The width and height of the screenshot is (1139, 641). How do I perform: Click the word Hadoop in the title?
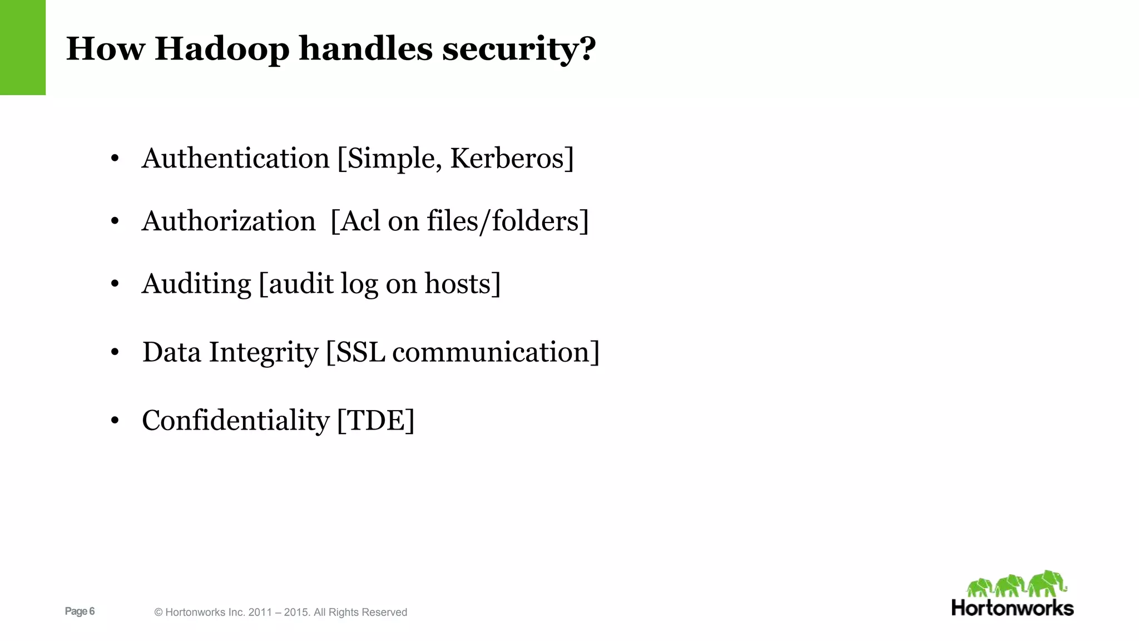222,48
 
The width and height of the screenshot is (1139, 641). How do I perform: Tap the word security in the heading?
518,48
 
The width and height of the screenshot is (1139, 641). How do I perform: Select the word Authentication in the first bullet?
236,159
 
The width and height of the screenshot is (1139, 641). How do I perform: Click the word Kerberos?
508,159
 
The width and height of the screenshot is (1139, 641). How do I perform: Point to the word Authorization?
229,221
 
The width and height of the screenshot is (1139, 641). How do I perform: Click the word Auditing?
196,284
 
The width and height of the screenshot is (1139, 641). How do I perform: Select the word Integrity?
263,353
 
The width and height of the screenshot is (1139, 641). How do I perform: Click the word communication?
491,353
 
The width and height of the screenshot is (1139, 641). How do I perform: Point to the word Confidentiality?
236,421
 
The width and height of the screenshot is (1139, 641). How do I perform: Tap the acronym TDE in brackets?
376,421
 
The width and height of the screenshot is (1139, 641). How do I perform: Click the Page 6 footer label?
80,612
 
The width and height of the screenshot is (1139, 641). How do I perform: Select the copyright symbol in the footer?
159,613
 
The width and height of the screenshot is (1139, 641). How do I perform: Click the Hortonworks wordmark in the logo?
1012,608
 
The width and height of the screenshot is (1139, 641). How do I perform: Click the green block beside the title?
23,47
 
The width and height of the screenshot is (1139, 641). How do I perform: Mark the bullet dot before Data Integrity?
115,352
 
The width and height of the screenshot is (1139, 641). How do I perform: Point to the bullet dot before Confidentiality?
115,421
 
